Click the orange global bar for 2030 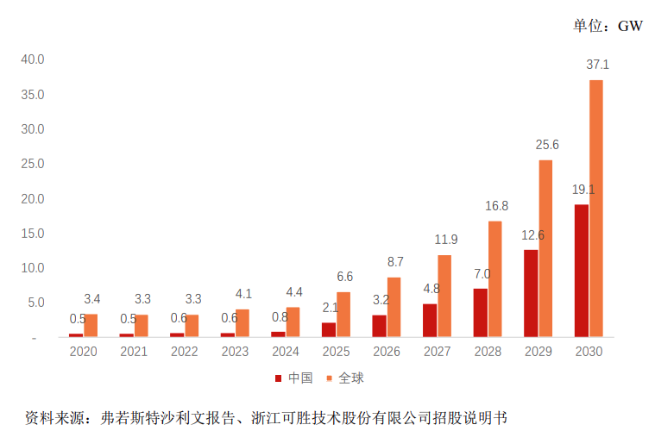[596, 208]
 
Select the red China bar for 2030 [582, 270]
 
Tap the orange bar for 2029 [545, 248]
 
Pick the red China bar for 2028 [481, 312]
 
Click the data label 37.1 [597, 65]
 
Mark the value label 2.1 [329, 308]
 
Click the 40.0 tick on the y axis [33, 59]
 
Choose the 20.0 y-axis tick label [33, 198]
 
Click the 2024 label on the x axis [286, 352]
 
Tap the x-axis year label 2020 [84, 352]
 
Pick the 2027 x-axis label [438, 352]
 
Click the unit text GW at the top [630, 26]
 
